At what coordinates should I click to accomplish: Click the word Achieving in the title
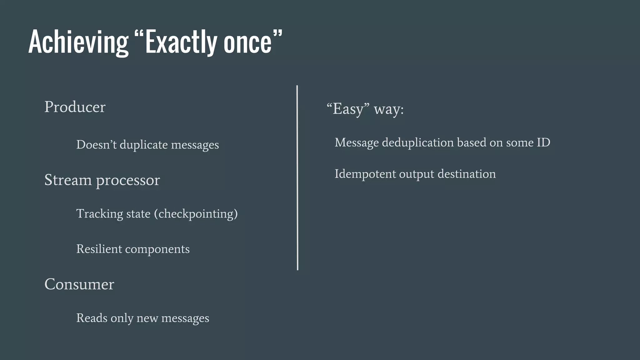(x=78, y=42)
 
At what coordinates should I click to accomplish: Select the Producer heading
(x=75, y=107)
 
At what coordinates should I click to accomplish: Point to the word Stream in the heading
(x=68, y=180)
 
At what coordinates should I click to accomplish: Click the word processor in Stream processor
(x=128, y=181)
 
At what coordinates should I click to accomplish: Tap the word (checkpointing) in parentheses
(x=196, y=214)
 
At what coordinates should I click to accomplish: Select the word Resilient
(x=99, y=249)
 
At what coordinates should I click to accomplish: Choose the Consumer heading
(x=79, y=284)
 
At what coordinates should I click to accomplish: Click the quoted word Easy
(x=348, y=109)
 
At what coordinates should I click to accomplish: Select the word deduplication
(x=418, y=143)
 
